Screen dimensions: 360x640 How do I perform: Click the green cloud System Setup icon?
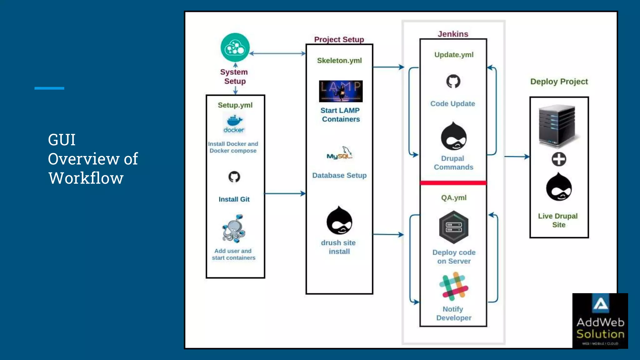(x=235, y=47)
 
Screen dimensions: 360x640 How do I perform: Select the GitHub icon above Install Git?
(x=234, y=177)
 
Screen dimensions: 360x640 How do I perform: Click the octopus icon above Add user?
(x=234, y=229)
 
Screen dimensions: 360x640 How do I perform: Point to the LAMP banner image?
(x=341, y=91)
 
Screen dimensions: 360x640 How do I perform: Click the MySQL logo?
(x=340, y=153)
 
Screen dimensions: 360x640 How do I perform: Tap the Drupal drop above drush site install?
(x=339, y=221)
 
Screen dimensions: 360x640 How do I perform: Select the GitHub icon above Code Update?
(x=453, y=81)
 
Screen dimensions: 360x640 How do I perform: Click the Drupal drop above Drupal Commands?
(x=453, y=137)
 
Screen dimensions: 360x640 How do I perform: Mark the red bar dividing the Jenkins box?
(x=453, y=183)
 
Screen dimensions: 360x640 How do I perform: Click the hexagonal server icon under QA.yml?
(x=453, y=227)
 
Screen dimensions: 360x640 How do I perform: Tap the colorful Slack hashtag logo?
(x=454, y=286)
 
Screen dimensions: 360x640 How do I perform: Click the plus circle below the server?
(x=559, y=159)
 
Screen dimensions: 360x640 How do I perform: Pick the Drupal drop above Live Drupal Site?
(x=559, y=187)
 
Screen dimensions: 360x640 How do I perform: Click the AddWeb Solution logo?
(x=600, y=321)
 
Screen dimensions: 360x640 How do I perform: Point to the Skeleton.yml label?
(x=339, y=61)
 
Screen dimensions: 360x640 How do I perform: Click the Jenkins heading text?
(x=453, y=34)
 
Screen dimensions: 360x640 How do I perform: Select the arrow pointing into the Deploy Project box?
(x=517, y=157)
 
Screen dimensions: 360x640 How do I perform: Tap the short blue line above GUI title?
(x=49, y=88)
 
